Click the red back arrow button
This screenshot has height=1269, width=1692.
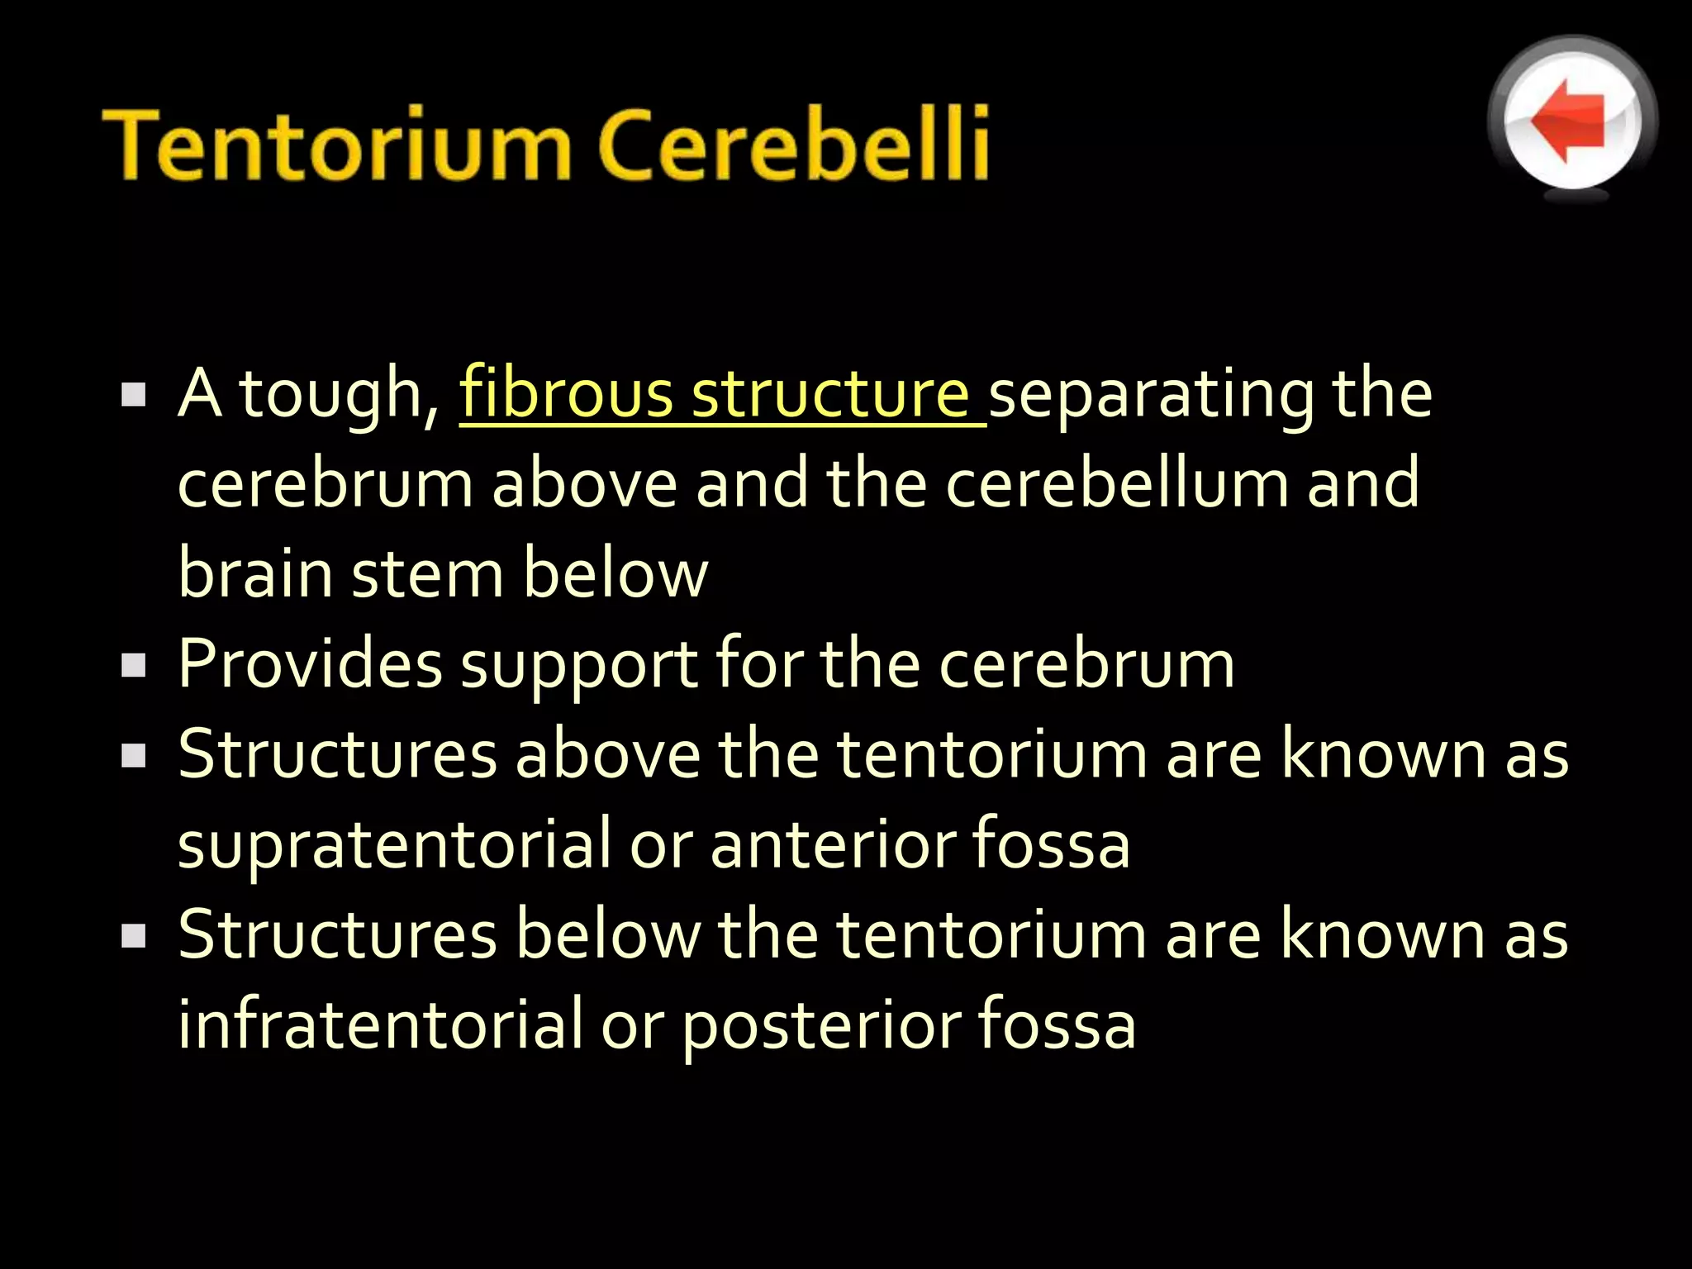(1571, 121)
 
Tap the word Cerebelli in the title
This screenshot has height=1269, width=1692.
(793, 144)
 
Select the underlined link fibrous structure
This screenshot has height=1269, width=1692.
(722, 395)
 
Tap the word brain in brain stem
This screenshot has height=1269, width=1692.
(255, 573)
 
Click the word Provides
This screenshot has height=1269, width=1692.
(310, 664)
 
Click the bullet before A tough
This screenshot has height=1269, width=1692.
(133, 394)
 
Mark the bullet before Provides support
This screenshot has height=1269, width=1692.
(133, 664)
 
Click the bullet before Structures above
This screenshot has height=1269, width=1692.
(133, 754)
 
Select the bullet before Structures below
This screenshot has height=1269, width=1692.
(133, 934)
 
